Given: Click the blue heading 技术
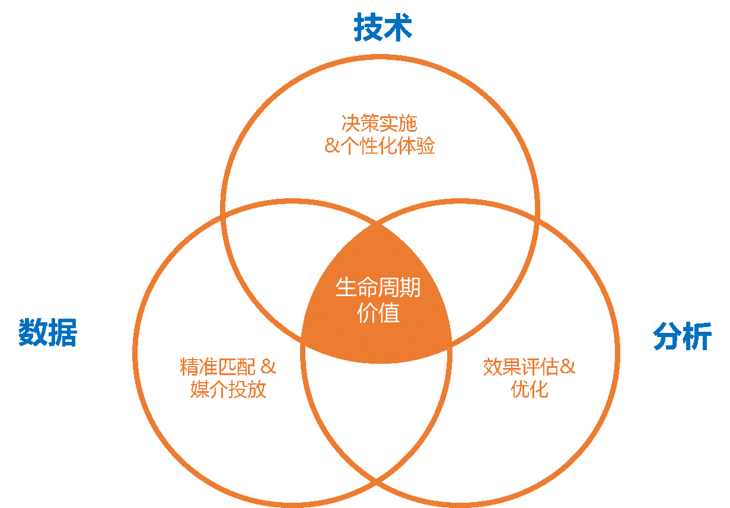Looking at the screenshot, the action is coord(383,27).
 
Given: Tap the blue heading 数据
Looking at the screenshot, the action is coord(48,332).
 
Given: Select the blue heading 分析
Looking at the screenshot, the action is coord(682,336).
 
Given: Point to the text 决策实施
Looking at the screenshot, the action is coord(380,123).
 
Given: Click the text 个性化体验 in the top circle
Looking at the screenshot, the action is coord(388,145).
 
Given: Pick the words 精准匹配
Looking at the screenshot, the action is coord(218,367).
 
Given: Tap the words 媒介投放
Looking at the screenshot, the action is coord(228,389).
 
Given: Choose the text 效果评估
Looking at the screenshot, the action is coord(521,367).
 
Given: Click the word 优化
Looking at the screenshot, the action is coord(530,389).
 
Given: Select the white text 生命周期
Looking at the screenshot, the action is coord(378,288).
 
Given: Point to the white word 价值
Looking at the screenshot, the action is coord(378,313).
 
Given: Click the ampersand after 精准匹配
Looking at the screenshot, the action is coord(268,367).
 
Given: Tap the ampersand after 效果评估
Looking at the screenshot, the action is coord(568,367).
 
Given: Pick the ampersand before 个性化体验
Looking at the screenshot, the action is coord(333,145).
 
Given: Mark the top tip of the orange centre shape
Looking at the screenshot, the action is coord(377,223).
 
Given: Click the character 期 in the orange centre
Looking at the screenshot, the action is coord(410,288).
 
